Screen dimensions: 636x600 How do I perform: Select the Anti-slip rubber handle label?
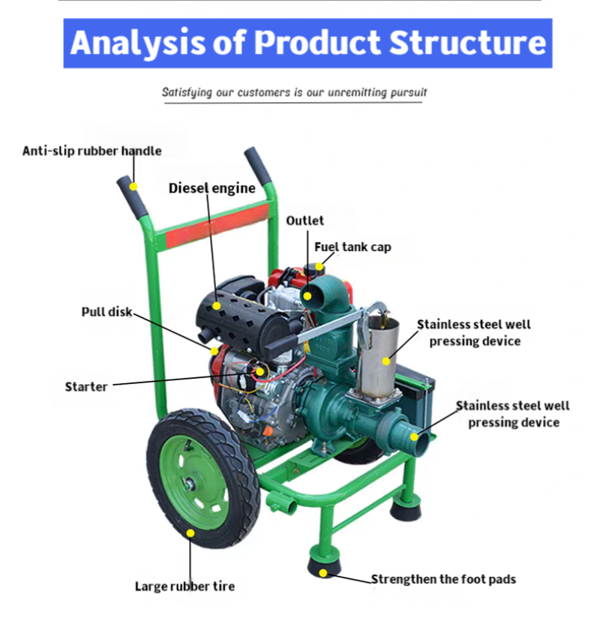[91, 151]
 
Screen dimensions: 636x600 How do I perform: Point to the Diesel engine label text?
[211, 188]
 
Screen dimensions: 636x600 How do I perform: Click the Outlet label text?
[305, 220]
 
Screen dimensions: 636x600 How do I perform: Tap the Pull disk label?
[106, 311]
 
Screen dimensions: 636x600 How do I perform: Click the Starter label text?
[86, 387]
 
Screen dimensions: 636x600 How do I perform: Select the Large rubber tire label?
[184, 586]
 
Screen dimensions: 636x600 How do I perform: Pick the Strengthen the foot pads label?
[443, 579]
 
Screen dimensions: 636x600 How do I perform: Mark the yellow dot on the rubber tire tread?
[190, 533]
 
